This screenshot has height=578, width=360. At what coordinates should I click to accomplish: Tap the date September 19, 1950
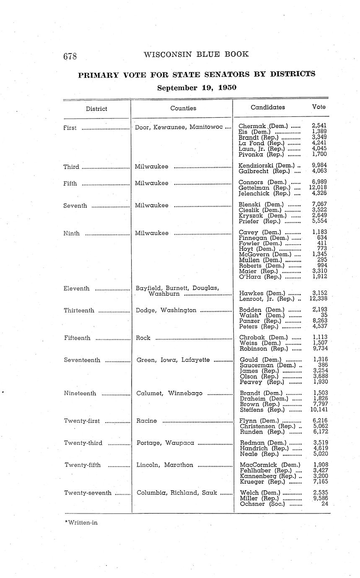coord(197,88)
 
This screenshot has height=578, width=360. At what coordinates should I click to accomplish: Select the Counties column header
coord(183,108)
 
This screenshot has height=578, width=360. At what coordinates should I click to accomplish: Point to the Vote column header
coord(319,107)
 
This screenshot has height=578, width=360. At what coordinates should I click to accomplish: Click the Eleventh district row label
coord(77,288)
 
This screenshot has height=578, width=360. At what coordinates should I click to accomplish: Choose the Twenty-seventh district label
coord(88,493)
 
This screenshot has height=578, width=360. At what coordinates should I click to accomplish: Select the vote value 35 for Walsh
coord(324,315)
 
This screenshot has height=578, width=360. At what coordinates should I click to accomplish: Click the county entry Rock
coord(144,338)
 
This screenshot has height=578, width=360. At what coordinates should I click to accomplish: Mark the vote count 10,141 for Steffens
coord(318,410)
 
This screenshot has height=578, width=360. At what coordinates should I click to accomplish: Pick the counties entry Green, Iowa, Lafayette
coord(173,360)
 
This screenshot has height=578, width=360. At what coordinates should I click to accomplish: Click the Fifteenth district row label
coord(77,338)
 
